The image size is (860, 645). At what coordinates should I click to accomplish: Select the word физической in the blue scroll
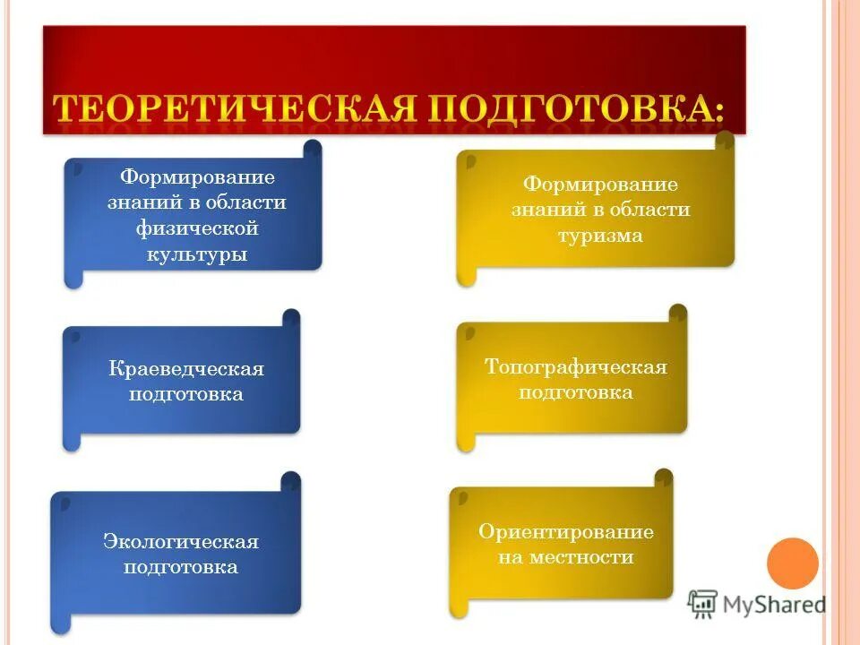tap(197, 228)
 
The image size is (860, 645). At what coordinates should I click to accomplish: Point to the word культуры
tap(197, 254)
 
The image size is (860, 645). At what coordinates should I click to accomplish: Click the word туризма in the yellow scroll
tap(600, 236)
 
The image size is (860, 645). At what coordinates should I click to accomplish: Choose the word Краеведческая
tap(186, 369)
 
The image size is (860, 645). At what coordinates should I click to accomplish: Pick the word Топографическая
tap(576, 367)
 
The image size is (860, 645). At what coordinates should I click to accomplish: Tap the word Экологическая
tap(181, 541)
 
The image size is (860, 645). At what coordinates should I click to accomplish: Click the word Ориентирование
tap(566, 532)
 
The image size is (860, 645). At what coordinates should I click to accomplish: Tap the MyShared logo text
tap(774, 605)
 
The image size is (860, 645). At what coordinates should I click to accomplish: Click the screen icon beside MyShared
tap(702, 604)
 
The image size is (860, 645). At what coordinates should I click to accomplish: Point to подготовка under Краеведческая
tap(186, 394)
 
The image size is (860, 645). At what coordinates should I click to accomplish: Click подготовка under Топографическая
tap(576, 392)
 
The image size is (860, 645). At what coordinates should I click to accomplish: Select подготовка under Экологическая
tap(181, 567)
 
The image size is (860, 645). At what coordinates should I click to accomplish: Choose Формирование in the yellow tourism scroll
tap(600, 185)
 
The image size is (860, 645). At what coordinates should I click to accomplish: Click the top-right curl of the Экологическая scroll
tap(291, 482)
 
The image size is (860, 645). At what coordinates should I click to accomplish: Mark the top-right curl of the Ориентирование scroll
tap(664, 478)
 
